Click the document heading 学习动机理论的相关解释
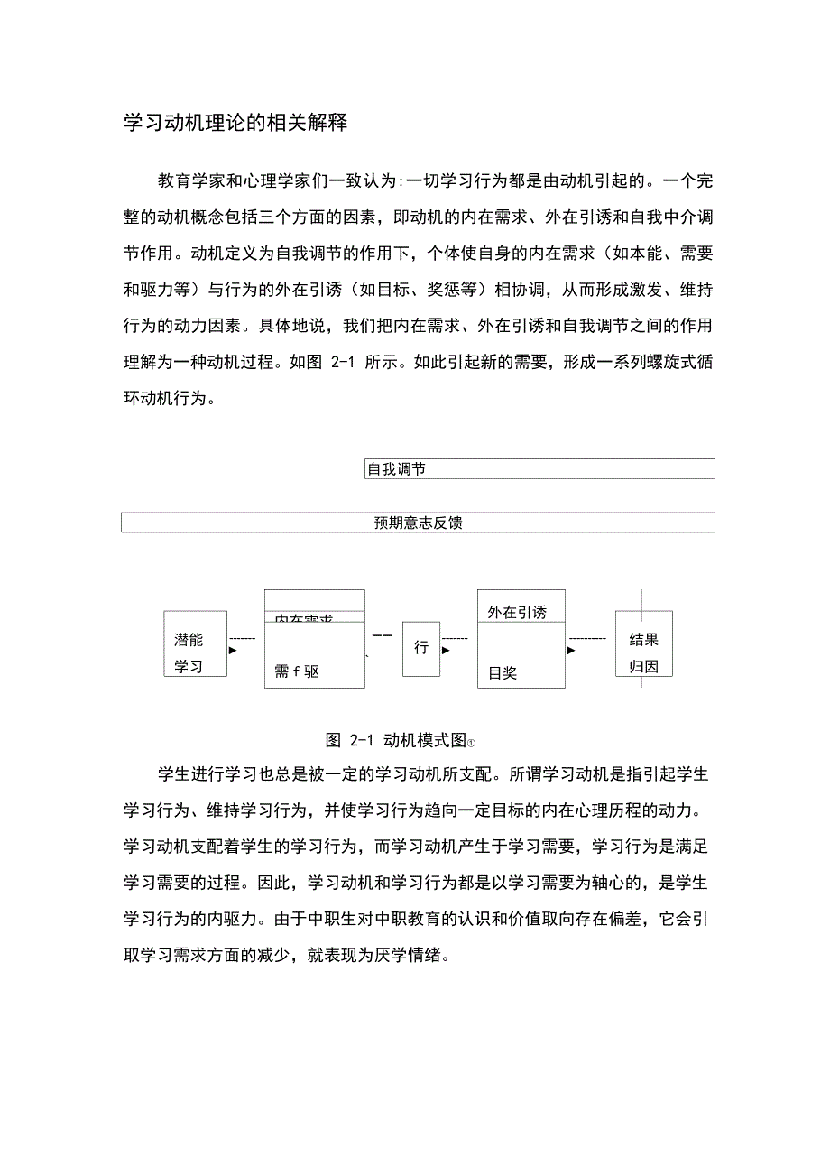coord(235,123)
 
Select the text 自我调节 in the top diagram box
coord(396,469)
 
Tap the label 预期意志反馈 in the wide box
coord(418,523)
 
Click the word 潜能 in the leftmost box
coord(189,640)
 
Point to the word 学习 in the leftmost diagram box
coord(189,667)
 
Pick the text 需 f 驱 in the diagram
coord(297,671)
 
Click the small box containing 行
coord(421,648)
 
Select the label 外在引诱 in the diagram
coord(517,612)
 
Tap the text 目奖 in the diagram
coord(503,672)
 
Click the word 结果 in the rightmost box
coord(644,640)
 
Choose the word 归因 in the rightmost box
coord(644,667)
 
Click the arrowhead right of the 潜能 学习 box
coord(233,650)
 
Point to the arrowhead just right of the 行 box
coord(446,650)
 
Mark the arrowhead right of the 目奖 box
coord(572,650)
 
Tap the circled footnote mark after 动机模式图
coord(471,743)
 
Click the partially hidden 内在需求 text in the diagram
coord(303,618)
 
